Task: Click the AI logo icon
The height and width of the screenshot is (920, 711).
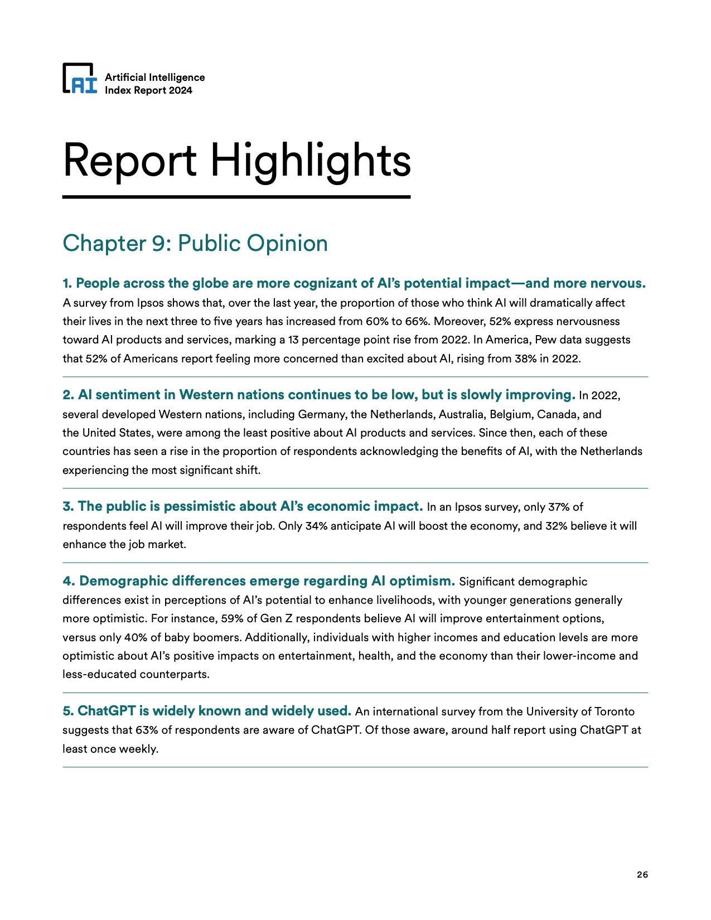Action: pos(80,78)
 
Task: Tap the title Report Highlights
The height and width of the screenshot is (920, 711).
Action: pos(237,161)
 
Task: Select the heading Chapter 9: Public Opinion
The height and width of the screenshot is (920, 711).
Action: pos(195,243)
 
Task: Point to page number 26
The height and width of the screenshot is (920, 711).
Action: pos(642,874)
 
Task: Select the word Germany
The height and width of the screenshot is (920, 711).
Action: pos(320,415)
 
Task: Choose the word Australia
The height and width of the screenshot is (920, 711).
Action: pos(461,415)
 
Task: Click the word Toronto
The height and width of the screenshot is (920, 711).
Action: pos(615,712)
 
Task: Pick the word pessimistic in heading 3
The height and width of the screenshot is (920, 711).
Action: pos(199,507)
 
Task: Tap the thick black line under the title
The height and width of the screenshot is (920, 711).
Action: pos(236,197)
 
